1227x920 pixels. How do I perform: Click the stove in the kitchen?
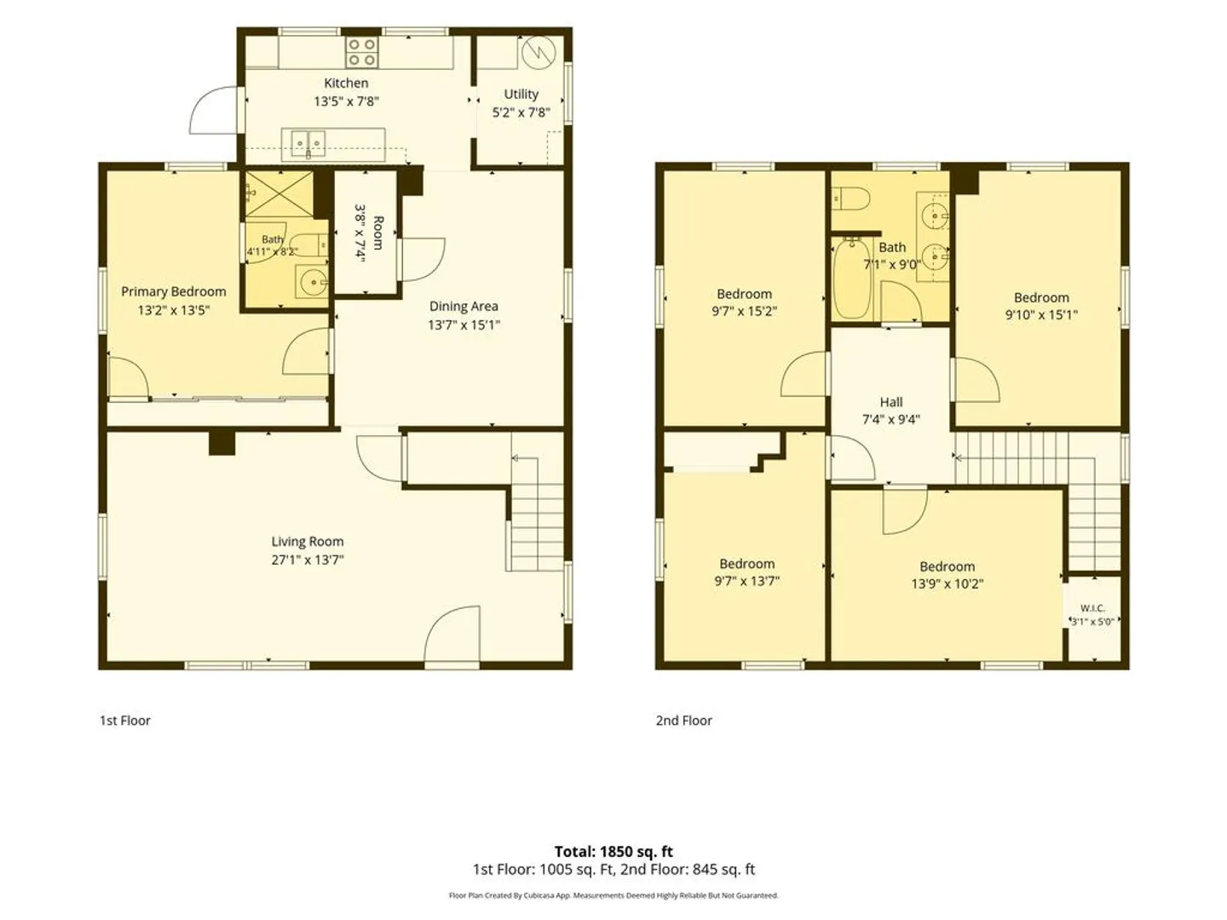pyautogui.click(x=361, y=52)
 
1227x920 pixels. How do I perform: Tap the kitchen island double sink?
pyautogui.click(x=308, y=144)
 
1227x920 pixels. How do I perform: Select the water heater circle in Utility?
pyautogui.click(x=539, y=54)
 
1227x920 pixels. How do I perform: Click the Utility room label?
pyautogui.click(x=521, y=94)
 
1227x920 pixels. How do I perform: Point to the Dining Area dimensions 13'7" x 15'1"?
pyautogui.click(x=464, y=325)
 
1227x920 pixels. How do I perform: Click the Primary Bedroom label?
pyautogui.click(x=174, y=291)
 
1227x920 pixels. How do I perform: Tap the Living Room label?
pyautogui.click(x=308, y=541)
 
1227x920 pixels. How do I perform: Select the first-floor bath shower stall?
pyautogui.click(x=279, y=194)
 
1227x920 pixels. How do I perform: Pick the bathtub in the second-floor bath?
pyautogui.click(x=851, y=279)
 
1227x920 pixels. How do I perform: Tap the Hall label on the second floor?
pyautogui.click(x=891, y=401)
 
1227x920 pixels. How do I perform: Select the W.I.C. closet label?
pyautogui.click(x=1092, y=608)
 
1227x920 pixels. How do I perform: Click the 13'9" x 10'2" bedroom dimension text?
pyautogui.click(x=948, y=584)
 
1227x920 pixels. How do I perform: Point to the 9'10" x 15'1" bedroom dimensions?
pyautogui.click(x=1041, y=315)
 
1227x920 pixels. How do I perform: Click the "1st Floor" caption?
pyautogui.click(x=125, y=721)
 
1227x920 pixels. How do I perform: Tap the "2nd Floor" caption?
pyautogui.click(x=684, y=721)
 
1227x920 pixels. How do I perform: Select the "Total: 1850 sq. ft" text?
pyautogui.click(x=613, y=852)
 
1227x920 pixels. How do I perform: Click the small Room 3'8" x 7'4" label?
pyautogui.click(x=369, y=233)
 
